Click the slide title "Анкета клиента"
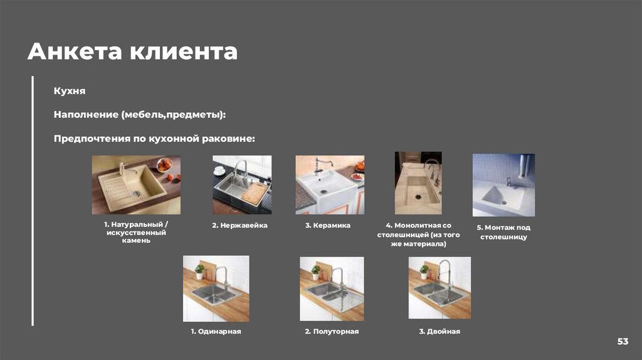[132, 51]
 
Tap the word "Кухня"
[70, 91]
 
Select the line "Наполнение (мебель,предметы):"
[140, 115]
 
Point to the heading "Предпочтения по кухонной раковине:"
[154, 139]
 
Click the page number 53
[623, 341]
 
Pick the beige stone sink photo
[136, 185]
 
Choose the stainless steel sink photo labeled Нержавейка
[242, 185]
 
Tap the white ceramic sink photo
[330, 185]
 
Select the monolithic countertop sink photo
[418, 183]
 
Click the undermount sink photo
[503, 185]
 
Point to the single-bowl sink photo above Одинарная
[216, 289]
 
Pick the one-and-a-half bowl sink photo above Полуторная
[332, 289]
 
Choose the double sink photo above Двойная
[439, 288]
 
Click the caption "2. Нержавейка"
[240, 225]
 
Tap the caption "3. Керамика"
[328, 225]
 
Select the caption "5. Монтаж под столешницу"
[503, 232]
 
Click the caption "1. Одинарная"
[216, 331]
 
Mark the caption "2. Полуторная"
[332, 331]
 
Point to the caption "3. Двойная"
[439, 331]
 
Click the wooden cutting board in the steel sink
[254, 193]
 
